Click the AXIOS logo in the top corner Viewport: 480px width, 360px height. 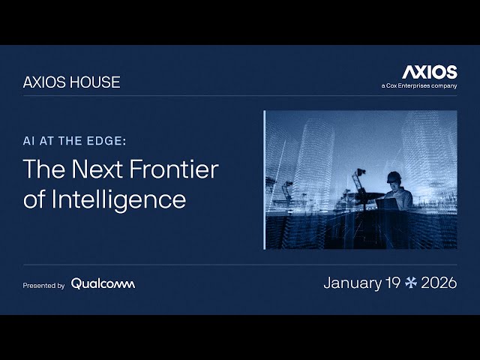[x=429, y=72]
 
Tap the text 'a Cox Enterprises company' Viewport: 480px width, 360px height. [x=418, y=86]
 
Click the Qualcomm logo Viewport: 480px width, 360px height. [x=103, y=283]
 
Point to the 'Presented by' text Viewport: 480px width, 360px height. [x=43, y=285]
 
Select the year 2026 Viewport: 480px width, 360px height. [x=439, y=283]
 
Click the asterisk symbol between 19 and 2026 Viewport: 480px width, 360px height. [x=410, y=283]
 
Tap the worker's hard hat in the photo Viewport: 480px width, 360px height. [x=393, y=177]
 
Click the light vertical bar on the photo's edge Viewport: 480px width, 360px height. [x=265, y=180]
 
